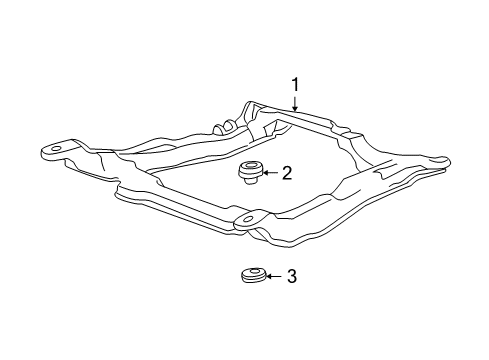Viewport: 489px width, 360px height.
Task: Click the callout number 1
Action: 295,85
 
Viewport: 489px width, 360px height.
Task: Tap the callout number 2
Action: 286,174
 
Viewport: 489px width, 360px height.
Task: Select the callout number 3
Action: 292,276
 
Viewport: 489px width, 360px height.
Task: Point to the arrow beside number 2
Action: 269,174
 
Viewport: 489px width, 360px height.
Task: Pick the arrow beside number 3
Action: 274,276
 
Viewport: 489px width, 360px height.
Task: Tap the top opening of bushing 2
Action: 249,166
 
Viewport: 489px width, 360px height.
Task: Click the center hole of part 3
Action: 254,271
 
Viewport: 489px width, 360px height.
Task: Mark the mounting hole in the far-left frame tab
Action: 56,152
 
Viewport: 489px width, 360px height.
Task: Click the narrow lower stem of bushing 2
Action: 247,181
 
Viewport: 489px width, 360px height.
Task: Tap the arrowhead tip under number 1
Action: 295,110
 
